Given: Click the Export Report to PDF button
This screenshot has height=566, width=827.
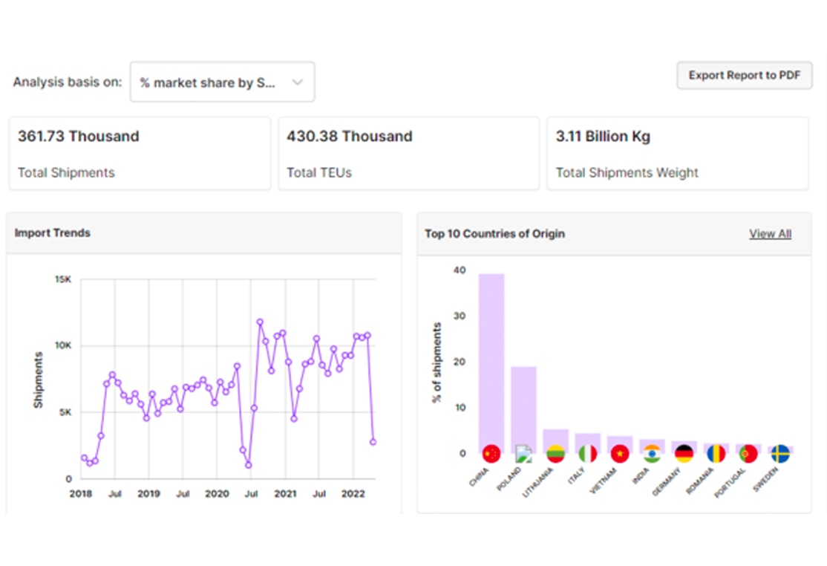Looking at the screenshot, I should pyautogui.click(x=744, y=76).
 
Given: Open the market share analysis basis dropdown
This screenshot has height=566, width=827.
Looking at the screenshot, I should pyautogui.click(x=222, y=82).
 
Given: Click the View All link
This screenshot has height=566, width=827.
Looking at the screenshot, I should pyautogui.click(x=770, y=234).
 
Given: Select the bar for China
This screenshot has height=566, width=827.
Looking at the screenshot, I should pyautogui.click(x=491, y=360).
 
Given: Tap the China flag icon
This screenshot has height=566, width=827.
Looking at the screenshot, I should pyautogui.click(x=491, y=454).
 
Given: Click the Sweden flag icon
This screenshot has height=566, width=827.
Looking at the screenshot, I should pyautogui.click(x=779, y=454).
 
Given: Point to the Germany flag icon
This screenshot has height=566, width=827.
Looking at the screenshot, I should pyautogui.click(x=684, y=454).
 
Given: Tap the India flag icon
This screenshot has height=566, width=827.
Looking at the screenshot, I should pyautogui.click(x=652, y=454).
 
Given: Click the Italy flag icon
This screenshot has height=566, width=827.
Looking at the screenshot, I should pyautogui.click(x=587, y=454).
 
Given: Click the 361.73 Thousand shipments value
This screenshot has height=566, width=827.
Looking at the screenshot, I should pyautogui.click(x=79, y=137).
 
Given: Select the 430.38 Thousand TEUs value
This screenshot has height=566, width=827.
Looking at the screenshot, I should pyautogui.click(x=349, y=137).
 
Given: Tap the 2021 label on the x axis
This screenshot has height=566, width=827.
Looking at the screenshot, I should pyautogui.click(x=285, y=494).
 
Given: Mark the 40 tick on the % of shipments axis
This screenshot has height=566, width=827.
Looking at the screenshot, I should pyautogui.click(x=460, y=270).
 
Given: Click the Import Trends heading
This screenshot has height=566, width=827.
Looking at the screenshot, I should pyautogui.click(x=53, y=233).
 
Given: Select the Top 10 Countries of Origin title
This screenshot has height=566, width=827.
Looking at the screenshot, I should pyautogui.click(x=494, y=234).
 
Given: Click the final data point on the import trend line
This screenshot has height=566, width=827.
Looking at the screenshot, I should pyautogui.click(x=373, y=442).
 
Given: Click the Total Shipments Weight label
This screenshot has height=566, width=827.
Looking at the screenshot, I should pyautogui.click(x=627, y=173).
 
